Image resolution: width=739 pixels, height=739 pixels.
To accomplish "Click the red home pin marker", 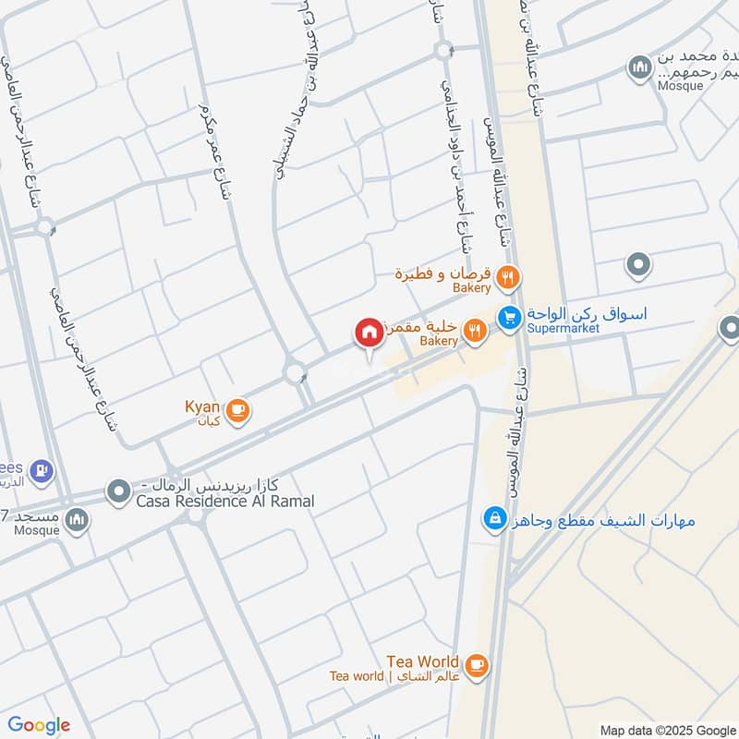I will (x=369, y=333).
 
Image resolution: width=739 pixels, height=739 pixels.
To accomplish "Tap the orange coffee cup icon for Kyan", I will (x=238, y=411).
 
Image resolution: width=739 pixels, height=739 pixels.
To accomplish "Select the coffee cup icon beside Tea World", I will (x=476, y=665).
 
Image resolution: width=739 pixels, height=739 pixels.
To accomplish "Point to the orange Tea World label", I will (x=423, y=661).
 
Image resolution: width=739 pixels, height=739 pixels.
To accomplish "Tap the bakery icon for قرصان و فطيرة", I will (x=506, y=277).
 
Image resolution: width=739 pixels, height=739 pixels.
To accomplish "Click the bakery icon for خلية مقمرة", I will (x=474, y=330).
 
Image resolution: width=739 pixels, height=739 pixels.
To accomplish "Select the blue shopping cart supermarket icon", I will (x=508, y=317).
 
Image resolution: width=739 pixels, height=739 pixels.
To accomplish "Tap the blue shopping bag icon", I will (x=495, y=519).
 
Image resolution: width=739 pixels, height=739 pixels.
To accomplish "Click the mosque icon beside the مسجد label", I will (x=79, y=519).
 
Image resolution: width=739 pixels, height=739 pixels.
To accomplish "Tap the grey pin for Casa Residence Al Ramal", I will (x=117, y=491).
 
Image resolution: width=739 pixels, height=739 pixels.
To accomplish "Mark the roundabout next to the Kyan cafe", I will (x=296, y=373).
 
